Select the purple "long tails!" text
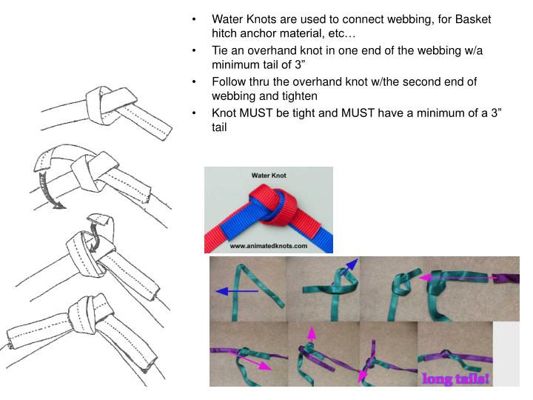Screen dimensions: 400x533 [x=455, y=379]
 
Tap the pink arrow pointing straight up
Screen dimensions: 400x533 [x=312, y=336]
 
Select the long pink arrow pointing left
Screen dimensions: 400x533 [x=459, y=277]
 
